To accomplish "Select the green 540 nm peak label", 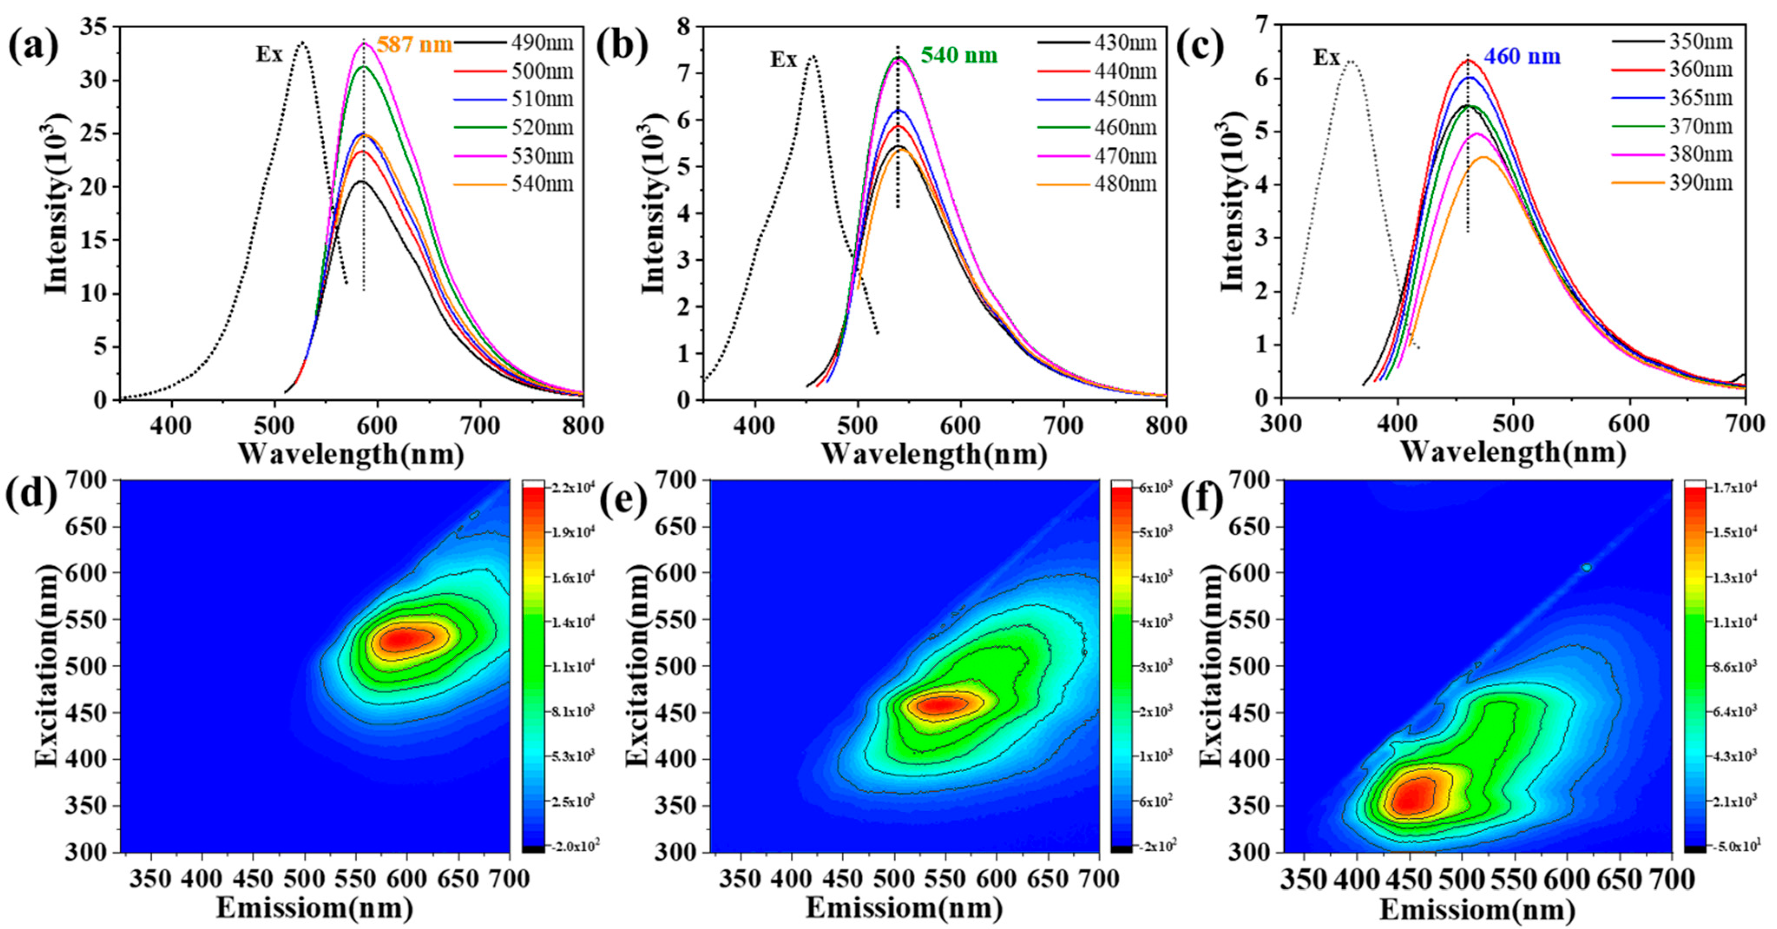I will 959,55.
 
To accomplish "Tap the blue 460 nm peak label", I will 1522,56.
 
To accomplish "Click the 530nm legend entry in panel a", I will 542,156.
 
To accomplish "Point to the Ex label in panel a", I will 270,55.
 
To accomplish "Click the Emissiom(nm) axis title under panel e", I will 903,908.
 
